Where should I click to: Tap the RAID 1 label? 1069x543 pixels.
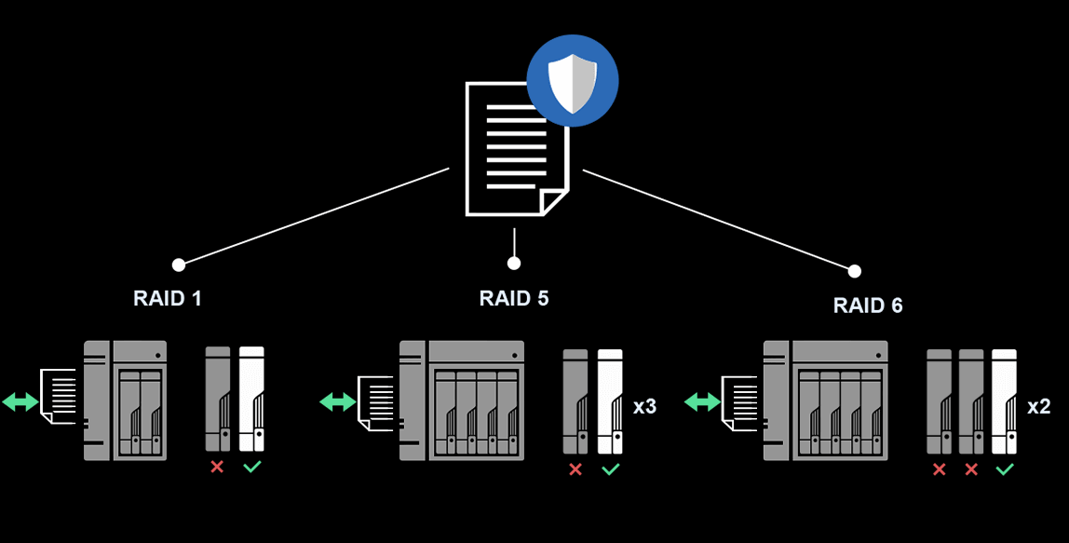coord(167,298)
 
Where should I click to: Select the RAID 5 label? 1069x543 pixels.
coord(513,298)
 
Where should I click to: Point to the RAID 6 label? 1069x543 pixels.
coord(868,305)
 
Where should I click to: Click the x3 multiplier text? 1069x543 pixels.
coord(644,407)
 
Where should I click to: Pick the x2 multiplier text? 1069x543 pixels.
coord(1038,407)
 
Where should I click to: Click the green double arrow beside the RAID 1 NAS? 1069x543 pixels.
coord(20,401)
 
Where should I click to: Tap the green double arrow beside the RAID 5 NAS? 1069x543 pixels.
coord(337,401)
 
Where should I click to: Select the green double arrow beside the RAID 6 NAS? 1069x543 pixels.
coord(702,401)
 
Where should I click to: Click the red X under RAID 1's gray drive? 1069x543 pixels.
coord(217,468)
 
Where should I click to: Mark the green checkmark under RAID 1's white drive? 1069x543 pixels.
coord(252,468)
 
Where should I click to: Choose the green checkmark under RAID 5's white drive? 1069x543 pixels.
coord(610,469)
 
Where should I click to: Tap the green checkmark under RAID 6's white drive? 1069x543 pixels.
coord(1004,469)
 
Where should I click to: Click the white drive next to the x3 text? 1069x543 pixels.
coord(610,401)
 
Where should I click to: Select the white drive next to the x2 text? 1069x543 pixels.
coord(1004,401)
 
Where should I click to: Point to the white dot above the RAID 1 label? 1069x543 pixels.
coord(179,265)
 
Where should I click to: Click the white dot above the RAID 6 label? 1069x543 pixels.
coord(854,272)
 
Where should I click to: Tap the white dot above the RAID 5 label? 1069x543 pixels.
coord(514,264)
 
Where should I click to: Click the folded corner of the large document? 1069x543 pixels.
coord(554,203)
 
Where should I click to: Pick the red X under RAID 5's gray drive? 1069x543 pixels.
coord(575,469)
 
